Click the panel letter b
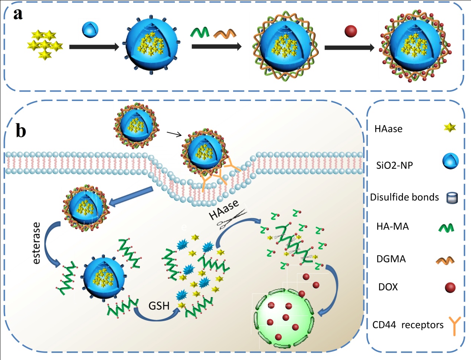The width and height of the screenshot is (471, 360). tap(21, 131)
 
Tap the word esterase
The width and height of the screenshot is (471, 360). tap(36, 243)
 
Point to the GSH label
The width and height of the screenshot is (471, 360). tap(159, 306)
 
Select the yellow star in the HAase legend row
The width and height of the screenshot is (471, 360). tap(450, 128)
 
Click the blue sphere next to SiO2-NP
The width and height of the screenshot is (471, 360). tap(450, 162)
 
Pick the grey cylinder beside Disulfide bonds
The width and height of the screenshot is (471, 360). tap(452, 198)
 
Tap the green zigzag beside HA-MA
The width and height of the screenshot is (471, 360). tap(446, 227)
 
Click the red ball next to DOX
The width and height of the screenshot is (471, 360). tap(450, 287)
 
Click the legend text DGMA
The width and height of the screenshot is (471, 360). tap(391, 259)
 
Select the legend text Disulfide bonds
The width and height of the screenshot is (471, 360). tap(405, 197)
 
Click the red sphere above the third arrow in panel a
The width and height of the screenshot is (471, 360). tap(351, 31)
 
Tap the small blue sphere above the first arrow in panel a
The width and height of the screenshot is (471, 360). tap(90, 29)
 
